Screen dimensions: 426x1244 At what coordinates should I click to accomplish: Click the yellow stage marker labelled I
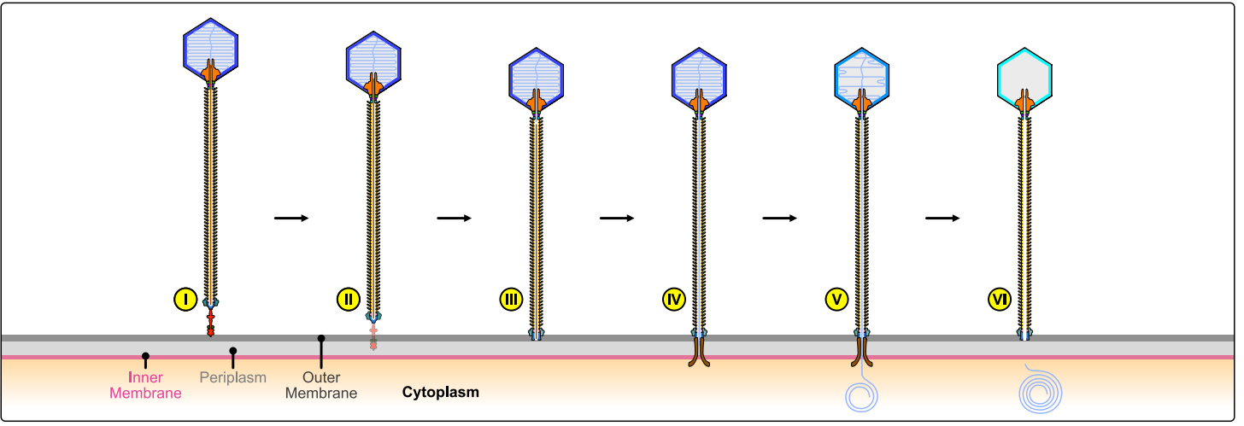click(x=185, y=300)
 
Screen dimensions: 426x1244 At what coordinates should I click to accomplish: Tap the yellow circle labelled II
click(x=348, y=300)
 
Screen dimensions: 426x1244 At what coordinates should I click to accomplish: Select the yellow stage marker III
click(x=510, y=300)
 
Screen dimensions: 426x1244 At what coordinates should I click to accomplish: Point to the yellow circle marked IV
click(x=673, y=300)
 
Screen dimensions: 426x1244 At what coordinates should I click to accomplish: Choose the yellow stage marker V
click(x=836, y=300)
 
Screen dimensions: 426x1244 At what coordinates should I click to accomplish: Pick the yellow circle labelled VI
click(x=999, y=300)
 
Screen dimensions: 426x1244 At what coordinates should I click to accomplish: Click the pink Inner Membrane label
click(x=150, y=385)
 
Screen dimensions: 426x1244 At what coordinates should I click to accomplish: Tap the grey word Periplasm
click(x=233, y=377)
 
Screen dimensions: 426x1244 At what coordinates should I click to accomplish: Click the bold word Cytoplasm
click(x=440, y=393)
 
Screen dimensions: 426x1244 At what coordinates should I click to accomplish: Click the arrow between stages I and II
click(x=290, y=219)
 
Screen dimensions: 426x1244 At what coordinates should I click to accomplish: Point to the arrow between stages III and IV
click(x=616, y=219)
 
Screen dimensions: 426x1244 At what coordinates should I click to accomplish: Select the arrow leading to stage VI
click(x=942, y=219)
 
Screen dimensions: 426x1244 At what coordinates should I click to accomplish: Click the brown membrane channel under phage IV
click(x=699, y=352)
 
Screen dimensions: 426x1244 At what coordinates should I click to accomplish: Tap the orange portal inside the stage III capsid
click(x=536, y=103)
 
